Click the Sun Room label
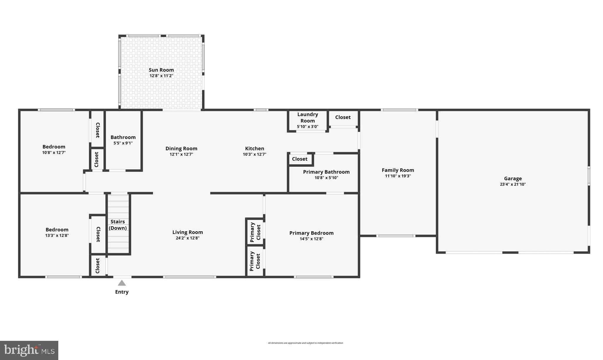[161, 70]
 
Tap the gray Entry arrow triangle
[122, 283]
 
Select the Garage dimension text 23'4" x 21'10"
[513, 184]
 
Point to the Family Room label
[398, 170]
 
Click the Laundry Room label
[308, 118]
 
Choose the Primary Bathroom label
[326, 172]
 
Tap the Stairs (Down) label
[118, 225]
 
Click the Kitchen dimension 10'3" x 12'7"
[254, 154]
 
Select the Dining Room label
[181, 148]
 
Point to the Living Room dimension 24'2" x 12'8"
[188, 238]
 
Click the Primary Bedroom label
[312, 233]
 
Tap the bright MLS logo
[29, 350]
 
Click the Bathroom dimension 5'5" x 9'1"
[123, 143]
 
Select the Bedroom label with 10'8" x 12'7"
[54, 147]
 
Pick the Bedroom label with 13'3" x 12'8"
[57, 229]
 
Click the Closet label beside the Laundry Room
[343, 117]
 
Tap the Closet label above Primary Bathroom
[300, 159]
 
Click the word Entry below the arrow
[122, 292]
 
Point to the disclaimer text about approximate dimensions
[305, 343]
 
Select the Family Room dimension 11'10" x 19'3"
[398, 176]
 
